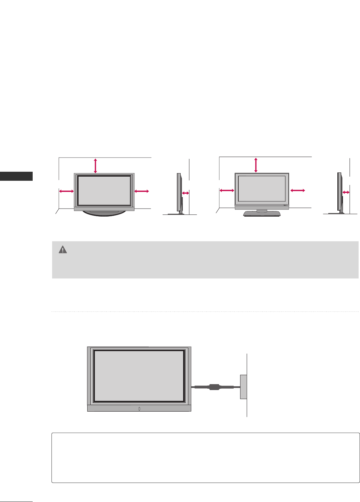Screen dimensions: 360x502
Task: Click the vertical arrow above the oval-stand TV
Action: [x=96, y=165]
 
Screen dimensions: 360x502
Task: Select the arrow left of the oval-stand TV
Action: [x=66, y=191]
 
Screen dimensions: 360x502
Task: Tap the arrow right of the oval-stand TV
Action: [x=141, y=191]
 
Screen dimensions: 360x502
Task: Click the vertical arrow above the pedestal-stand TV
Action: [x=256, y=165]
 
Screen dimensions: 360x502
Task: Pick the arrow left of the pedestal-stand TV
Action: [x=227, y=190]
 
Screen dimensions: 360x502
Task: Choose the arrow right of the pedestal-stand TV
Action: [x=298, y=190]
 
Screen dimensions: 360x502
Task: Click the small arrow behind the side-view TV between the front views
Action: [x=186, y=193]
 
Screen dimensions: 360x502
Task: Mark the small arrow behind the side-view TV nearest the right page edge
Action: [x=346, y=192]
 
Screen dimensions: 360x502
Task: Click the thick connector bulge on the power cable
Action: [x=214, y=387]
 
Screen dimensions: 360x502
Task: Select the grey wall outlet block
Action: [x=243, y=387]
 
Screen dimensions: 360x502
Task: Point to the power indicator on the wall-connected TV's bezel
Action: [x=139, y=409]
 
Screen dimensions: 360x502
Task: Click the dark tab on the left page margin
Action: [x=16, y=176]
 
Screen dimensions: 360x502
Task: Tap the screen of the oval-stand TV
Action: [x=104, y=191]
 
